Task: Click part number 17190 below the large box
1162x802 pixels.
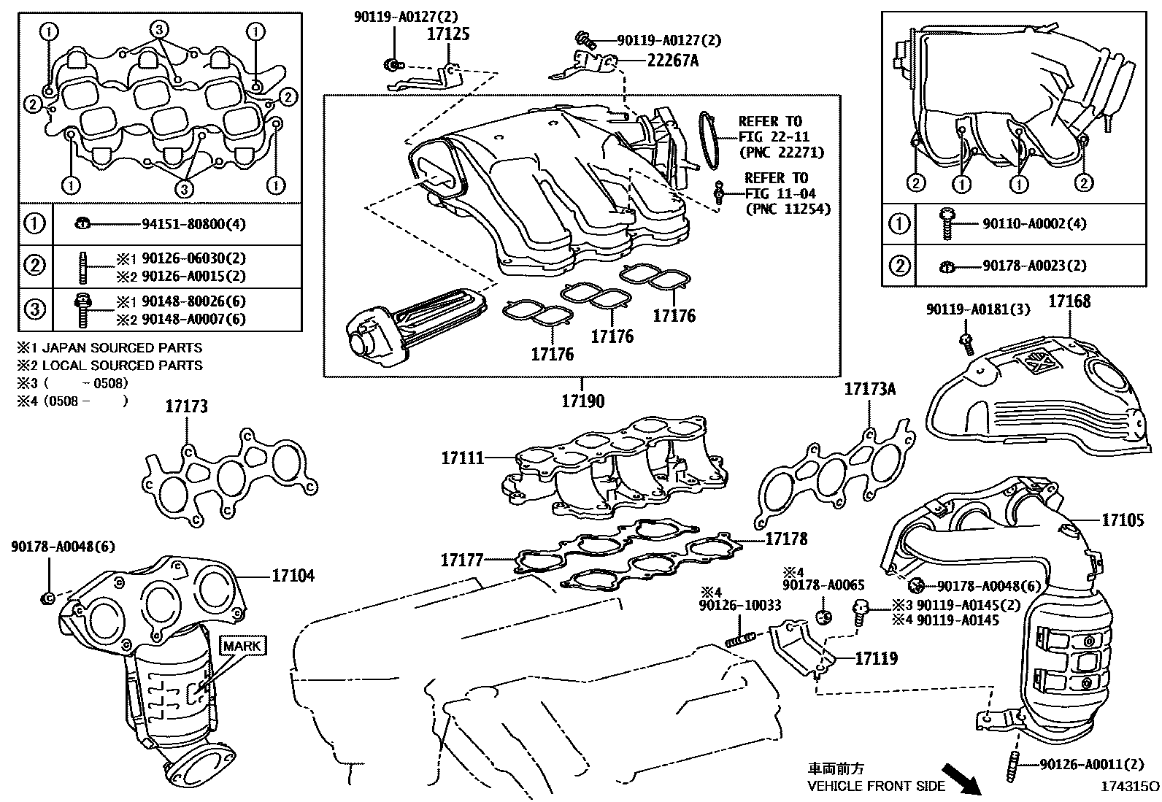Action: click(x=582, y=401)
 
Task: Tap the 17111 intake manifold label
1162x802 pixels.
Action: click(x=462, y=458)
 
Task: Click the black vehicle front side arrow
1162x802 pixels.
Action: click(x=961, y=779)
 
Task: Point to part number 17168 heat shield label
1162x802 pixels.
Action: click(x=1069, y=301)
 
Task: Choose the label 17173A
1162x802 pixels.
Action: click(x=869, y=389)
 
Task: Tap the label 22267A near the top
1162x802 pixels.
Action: click(x=672, y=61)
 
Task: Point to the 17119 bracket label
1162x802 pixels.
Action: click(x=876, y=658)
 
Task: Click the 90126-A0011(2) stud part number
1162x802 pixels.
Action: click(x=1091, y=764)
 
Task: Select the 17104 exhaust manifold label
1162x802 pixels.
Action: click(x=293, y=576)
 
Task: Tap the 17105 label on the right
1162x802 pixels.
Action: click(x=1123, y=520)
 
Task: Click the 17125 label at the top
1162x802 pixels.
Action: click(x=448, y=34)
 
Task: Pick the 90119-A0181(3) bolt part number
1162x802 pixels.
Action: click(x=978, y=309)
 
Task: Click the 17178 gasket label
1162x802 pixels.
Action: click(x=786, y=539)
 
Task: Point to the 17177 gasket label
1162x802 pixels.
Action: click(x=461, y=560)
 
